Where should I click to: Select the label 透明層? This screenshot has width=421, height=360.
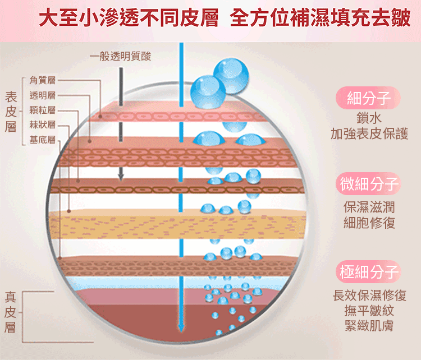pos(42,95)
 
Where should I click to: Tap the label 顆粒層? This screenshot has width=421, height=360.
pos(42,110)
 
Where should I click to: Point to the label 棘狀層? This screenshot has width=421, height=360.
pos(42,124)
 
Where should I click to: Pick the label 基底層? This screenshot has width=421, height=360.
pos(42,139)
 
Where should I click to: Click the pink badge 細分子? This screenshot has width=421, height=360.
pos(369,99)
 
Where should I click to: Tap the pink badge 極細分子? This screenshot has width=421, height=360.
pos(369,273)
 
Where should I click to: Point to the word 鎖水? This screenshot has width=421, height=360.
pos(369,119)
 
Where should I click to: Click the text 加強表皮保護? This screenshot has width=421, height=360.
pos(369,135)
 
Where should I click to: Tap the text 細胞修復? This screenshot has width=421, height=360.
pos(369,223)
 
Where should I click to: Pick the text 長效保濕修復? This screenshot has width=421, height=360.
pos(369,295)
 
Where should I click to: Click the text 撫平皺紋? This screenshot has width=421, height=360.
pos(369,311)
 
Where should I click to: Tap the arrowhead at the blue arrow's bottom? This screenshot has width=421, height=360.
pos(181,328)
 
